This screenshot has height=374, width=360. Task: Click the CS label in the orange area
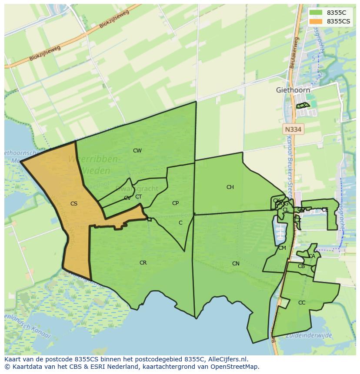pos(74,203)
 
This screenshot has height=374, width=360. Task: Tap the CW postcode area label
pos(137,151)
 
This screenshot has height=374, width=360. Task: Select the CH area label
pos(230,187)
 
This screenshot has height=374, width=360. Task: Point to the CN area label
pos(236,264)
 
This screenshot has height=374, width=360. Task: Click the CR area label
pos(143,263)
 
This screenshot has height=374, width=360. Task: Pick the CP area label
pos(175,203)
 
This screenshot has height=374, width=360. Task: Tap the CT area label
pos(138,197)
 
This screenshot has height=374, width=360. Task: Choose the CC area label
pos(302,303)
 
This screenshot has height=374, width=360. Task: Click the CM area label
pos(282,248)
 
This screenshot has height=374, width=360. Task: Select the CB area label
pos(301,266)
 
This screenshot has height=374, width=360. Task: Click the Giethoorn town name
pos(293,90)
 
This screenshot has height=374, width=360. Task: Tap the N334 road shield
pos(293,129)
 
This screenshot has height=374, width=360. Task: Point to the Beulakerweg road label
pos(293,53)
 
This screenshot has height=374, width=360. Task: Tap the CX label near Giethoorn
pos(302,106)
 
